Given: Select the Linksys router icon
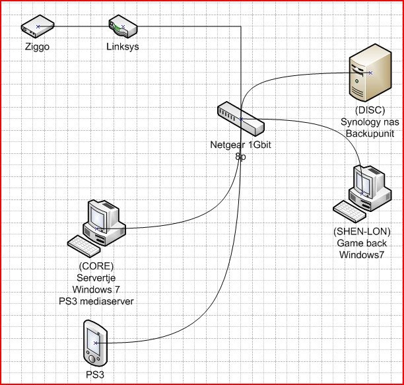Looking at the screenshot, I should pyautogui.click(x=123, y=27).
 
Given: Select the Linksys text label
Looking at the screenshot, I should pyautogui.click(x=123, y=47).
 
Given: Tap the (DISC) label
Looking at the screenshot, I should pyautogui.click(x=368, y=110).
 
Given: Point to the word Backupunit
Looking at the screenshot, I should pyautogui.click(x=368, y=133).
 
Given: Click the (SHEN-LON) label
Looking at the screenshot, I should pyautogui.click(x=363, y=232).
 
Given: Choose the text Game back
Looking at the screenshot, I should pyautogui.click(x=363, y=243).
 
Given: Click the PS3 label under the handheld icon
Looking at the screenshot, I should pyautogui.click(x=94, y=374).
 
